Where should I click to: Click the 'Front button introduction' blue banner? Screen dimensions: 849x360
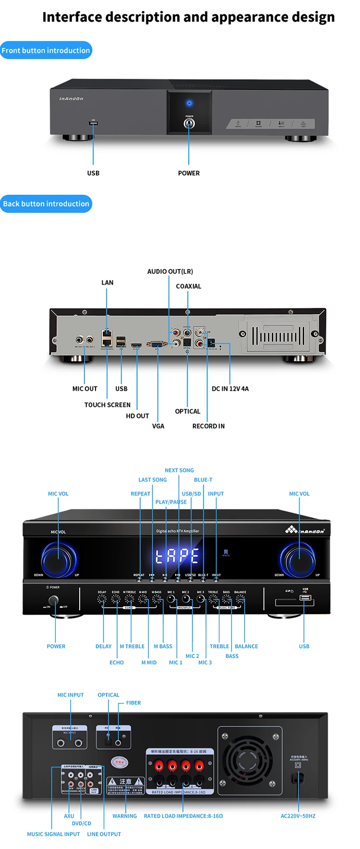pos(46,50)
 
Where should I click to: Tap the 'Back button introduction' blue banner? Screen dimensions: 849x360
pos(46,204)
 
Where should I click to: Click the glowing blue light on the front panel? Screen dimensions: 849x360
pos(189,103)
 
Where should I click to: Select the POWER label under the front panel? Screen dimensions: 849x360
pos(189,173)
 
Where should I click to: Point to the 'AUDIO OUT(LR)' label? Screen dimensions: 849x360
pos(170,271)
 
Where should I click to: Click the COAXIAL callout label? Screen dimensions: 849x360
pos(188,286)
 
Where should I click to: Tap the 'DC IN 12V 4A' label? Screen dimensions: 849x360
pos(230,389)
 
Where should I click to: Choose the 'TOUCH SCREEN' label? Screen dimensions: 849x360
pos(108,405)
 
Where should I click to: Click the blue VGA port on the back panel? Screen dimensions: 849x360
pos(156,344)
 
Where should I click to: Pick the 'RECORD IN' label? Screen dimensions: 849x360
pos(208,426)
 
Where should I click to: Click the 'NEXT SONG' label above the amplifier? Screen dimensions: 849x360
pos(179,470)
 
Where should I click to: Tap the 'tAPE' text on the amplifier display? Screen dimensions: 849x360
pos(177,556)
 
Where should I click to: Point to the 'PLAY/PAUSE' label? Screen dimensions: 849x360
pos(171,502)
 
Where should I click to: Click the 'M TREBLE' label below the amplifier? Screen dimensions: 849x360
pos(132,646)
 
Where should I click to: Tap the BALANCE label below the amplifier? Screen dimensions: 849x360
pos(246,646)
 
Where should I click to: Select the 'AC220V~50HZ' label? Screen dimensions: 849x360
pos(298,816)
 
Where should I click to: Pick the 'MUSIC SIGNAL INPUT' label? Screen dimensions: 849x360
pos(53,834)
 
